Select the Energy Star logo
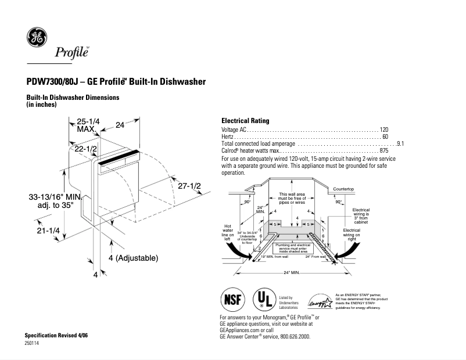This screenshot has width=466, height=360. click(320, 301)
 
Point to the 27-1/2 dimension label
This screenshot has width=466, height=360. click(189, 186)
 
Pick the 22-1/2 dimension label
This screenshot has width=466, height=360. click(85, 149)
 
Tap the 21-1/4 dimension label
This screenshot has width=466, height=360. click(49, 231)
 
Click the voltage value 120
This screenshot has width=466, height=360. click(383, 129)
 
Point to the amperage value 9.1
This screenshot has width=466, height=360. click(400, 143)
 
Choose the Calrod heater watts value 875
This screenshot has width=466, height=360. click(383, 150)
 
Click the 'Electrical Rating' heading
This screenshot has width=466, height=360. click(245, 121)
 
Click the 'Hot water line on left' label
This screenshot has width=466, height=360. click(228, 232)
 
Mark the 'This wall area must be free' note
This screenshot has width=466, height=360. click(292, 198)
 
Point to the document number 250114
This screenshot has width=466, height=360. click(33, 344)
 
